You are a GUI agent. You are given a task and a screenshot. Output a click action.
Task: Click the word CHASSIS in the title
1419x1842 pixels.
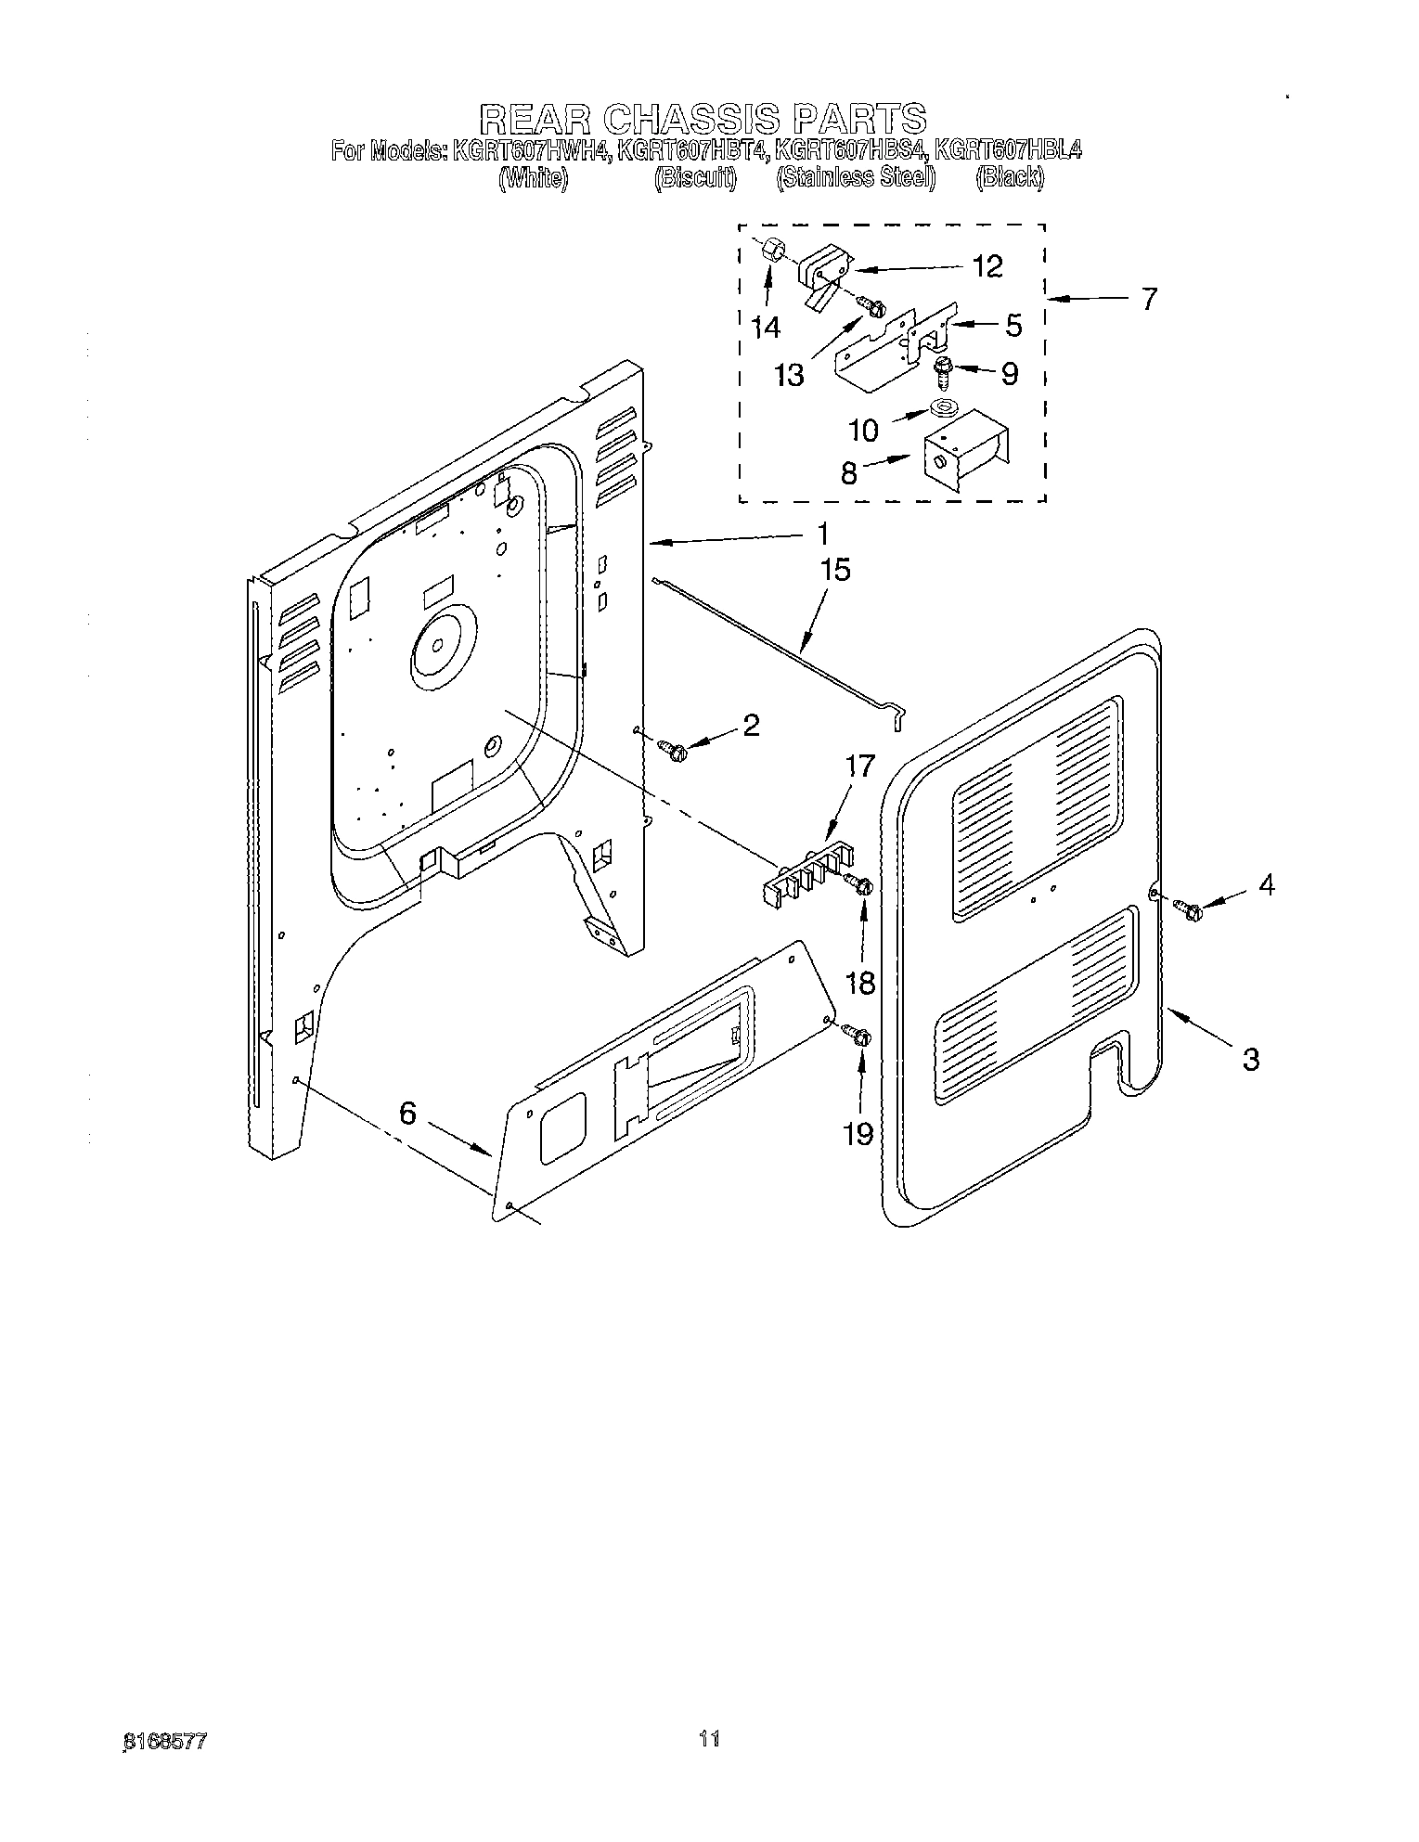pos(687,120)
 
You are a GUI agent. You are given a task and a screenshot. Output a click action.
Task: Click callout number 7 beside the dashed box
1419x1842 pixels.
pos(1149,300)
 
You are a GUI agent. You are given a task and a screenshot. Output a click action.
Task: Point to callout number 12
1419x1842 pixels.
pos(988,267)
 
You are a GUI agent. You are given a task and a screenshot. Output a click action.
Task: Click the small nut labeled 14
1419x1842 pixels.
pos(772,251)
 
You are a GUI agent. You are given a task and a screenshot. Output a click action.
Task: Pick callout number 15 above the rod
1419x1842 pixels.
pos(835,569)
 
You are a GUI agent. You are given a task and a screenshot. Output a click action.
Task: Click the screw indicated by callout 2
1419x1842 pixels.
pos(671,748)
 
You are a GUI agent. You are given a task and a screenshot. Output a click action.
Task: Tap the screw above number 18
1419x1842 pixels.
pos(860,886)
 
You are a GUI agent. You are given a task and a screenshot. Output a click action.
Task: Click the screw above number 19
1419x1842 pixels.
pos(858,1035)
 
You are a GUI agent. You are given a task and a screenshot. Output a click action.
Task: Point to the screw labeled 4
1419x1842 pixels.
pos(1188,910)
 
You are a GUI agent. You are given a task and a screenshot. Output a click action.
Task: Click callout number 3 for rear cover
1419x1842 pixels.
pos(1250,1058)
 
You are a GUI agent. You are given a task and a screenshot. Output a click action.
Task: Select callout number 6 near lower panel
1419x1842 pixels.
pos(408,1113)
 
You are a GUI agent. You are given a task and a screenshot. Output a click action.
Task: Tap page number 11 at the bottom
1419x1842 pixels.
pos(709,1738)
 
